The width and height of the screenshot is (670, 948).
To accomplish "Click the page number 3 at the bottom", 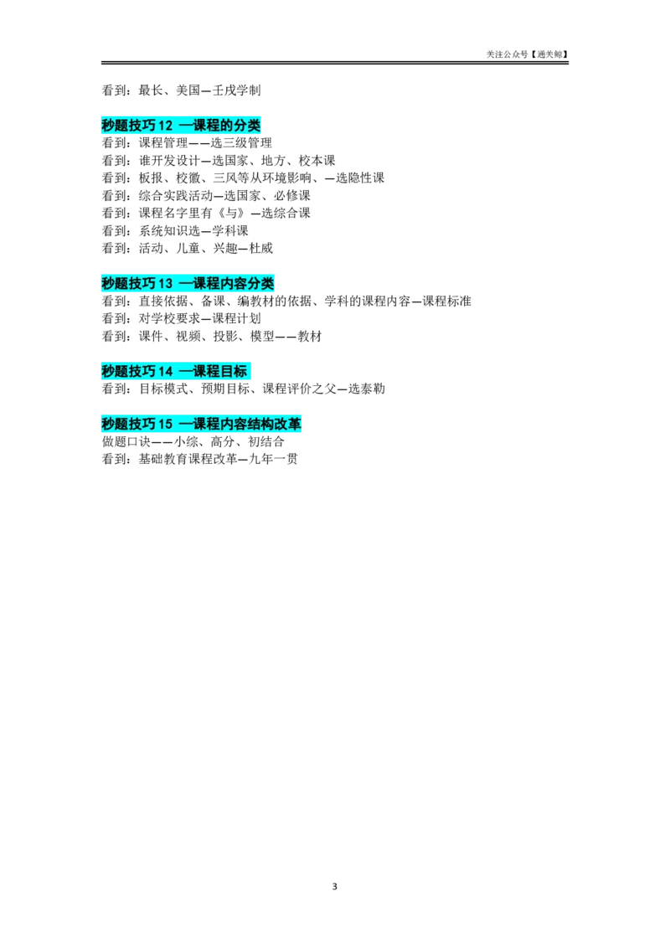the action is click(334, 886).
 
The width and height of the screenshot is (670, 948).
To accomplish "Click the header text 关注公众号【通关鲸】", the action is click(528, 54).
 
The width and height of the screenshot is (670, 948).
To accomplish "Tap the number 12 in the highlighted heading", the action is click(165, 126).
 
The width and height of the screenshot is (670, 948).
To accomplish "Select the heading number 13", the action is click(165, 284).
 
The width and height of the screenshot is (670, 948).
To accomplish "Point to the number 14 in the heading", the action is click(165, 371).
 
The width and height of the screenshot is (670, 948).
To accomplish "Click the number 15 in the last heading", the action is click(165, 424).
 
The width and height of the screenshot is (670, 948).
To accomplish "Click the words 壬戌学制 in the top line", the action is click(236, 90).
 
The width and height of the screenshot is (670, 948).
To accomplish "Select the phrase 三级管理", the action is click(248, 143).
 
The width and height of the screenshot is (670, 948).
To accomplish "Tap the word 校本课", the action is click(317, 161).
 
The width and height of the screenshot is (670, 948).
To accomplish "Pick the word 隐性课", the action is click(367, 178).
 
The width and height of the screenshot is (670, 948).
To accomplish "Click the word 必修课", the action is click(292, 196).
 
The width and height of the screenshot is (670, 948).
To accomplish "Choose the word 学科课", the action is click(230, 231).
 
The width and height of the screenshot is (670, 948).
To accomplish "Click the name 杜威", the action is click(261, 249).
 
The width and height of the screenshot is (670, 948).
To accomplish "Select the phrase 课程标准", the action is click(447, 301).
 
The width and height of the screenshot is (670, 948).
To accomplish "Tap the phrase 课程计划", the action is click(236, 318).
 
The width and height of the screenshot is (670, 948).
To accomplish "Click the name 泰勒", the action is click(373, 389).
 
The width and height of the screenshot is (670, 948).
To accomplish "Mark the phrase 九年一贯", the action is click(273, 460).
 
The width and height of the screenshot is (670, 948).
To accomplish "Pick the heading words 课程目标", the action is click(220, 371).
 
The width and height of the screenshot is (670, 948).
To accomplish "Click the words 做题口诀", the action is click(126, 442).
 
